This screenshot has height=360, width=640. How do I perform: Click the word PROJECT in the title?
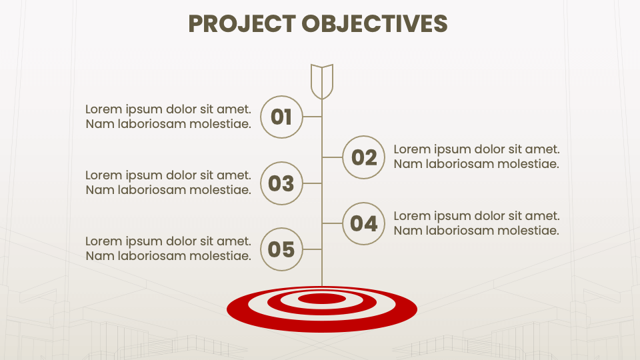pyautogui.click(x=242, y=23)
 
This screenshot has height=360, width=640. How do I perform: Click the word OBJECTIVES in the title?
pyautogui.click(x=374, y=23)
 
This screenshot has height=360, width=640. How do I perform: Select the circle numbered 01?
pyautogui.click(x=281, y=117)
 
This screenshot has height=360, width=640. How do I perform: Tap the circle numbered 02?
pyautogui.click(x=364, y=157)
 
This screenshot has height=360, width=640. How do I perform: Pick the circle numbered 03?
pyautogui.click(x=281, y=183)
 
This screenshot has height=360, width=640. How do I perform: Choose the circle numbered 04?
pyautogui.click(x=364, y=223)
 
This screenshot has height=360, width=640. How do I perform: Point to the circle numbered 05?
pyautogui.click(x=281, y=249)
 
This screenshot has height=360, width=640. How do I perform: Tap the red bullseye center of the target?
pyautogui.click(x=322, y=299)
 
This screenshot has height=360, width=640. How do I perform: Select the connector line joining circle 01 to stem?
pyautogui.click(x=313, y=117)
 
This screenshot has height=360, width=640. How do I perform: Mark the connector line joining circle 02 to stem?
pyautogui.click(x=332, y=157)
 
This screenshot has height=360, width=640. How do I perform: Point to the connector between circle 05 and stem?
pyautogui.click(x=313, y=249)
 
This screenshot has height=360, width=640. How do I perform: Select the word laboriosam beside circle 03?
pyautogui.click(x=153, y=190)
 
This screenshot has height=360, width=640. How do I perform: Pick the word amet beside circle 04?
pyautogui.click(x=544, y=216)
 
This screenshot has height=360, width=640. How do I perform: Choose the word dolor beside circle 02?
pyautogui.click(x=488, y=149)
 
